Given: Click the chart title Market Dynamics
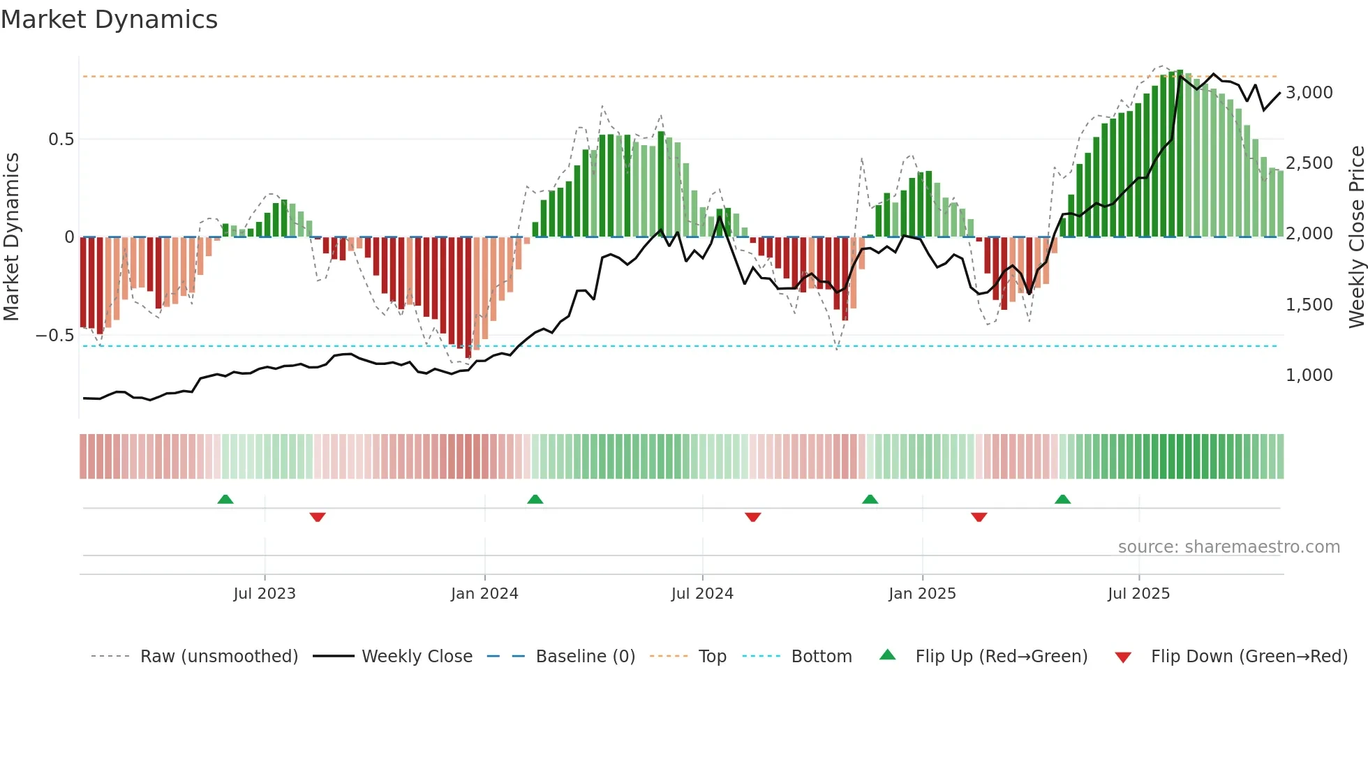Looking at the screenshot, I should pyautogui.click(x=110, y=20).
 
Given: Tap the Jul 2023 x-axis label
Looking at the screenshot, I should pyautogui.click(x=265, y=594).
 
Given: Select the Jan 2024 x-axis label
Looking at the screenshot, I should pyautogui.click(x=484, y=594).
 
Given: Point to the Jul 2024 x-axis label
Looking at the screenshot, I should pyautogui.click(x=702, y=594).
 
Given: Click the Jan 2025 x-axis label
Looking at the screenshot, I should pyautogui.click(x=922, y=594).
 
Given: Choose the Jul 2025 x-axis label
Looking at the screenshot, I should pyautogui.click(x=1138, y=594).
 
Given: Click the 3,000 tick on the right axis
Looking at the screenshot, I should pyautogui.click(x=1309, y=93).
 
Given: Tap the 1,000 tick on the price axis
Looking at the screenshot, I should pyautogui.click(x=1309, y=375).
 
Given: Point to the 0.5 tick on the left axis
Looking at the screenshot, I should pyautogui.click(x=61, y=140).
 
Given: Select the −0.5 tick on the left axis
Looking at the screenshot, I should pyautogui.click(x=55, y=336).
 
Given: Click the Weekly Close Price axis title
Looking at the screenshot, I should pyautogui.click(x=1356, y=237).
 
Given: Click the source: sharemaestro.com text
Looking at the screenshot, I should pyautogui.click(x=1228, y=547).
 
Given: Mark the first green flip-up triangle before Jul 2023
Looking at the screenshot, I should pyautogui.click(x=225, y=500).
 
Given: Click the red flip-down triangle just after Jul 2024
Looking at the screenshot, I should pyautogui.click(x=752, y=517).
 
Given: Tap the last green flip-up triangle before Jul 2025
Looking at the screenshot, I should pyautogui.click(x=1062, y=500).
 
